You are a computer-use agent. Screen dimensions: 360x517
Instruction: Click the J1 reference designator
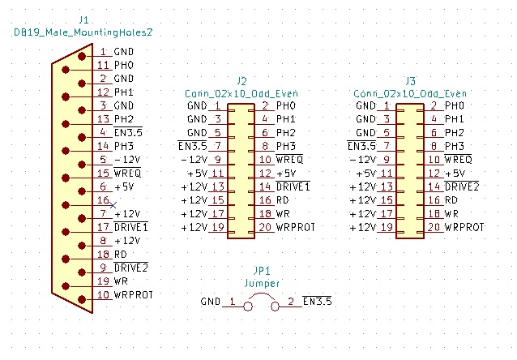click(x=84, y=19)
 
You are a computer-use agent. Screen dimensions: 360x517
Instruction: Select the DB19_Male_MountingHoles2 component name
click(x=84, y=32)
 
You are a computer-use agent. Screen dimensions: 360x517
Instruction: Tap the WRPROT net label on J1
click(x=134, y=294)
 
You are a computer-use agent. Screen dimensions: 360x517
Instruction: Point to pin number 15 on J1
click(x=103, y=173)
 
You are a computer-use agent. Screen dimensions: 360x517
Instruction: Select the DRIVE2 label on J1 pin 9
click(x=130, y=267)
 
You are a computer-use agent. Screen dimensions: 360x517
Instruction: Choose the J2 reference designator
click(x=241, y=80)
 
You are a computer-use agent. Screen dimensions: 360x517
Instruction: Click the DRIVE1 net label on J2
click(x=293, y=186)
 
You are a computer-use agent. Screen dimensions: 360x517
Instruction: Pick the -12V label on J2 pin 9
click(x=196, y=160)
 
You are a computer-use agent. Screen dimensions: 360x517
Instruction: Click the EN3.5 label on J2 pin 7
click(x=193, y=146)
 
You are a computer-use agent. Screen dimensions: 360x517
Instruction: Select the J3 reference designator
click(x=410, y=80)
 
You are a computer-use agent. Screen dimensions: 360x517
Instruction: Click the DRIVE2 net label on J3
click(x=463, y=186)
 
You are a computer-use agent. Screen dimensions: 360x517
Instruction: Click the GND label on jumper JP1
click(x=210, y=302)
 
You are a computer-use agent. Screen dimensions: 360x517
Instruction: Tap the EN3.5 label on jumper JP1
click(x=317, y=302)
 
